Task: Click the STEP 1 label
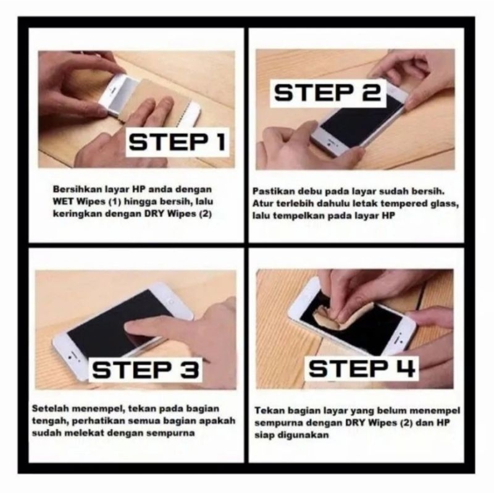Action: [176, 143]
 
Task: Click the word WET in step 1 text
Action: [62, 201]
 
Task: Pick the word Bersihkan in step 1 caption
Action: [72, 188]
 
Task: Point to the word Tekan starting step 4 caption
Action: [269, 410]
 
